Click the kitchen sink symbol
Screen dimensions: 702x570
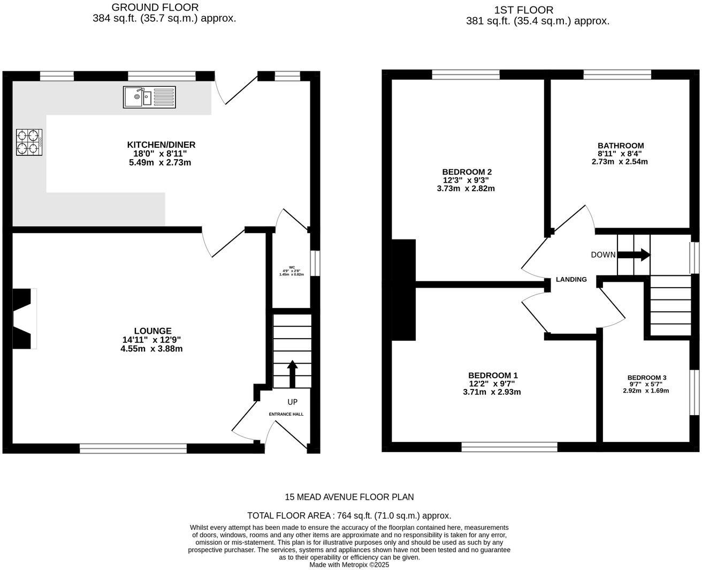click(x=149, y=96)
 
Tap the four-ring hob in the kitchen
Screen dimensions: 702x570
click(x=29, y=142)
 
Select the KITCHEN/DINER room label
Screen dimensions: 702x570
click(x=161, y=145)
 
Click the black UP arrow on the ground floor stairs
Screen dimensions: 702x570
click(x=292, y=374)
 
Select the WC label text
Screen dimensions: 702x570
click(x=292, y=267)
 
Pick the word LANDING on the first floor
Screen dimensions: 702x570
click(x=571, y=280)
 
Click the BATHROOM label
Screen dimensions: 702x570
click(x=621, y=146)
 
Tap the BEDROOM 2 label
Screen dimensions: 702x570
click(x=467, y=172)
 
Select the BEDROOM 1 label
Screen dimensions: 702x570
click(x=493, y=376)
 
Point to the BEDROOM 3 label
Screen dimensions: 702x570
click(x=647, y=378)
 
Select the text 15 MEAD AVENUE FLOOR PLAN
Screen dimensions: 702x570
click(x=349, y=497)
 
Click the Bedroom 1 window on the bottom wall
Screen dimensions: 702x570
click(x=509, y=447)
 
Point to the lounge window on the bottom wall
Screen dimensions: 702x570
click(x=133, y=448)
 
